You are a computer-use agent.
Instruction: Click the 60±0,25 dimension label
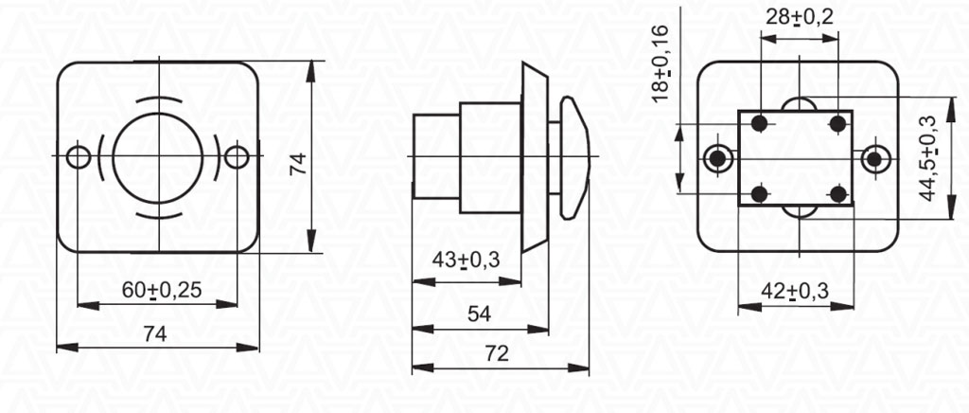[x=161, y=290]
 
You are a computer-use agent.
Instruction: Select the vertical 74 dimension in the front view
[x=298, y=165]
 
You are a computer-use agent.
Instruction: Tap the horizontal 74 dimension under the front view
[x=155, y=333]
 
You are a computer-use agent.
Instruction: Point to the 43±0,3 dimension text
[x=466, y=260]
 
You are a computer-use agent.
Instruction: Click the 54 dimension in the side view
[x=479, y=314]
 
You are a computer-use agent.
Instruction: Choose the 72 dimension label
[x=496, y=353]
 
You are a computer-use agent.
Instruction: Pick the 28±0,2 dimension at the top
[x=799, y=17]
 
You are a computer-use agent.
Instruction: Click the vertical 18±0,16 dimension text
[x=661, y=63]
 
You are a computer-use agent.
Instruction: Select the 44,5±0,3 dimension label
[x=927, y=158]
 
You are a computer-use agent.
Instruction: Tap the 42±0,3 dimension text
[x=795, y=291]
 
